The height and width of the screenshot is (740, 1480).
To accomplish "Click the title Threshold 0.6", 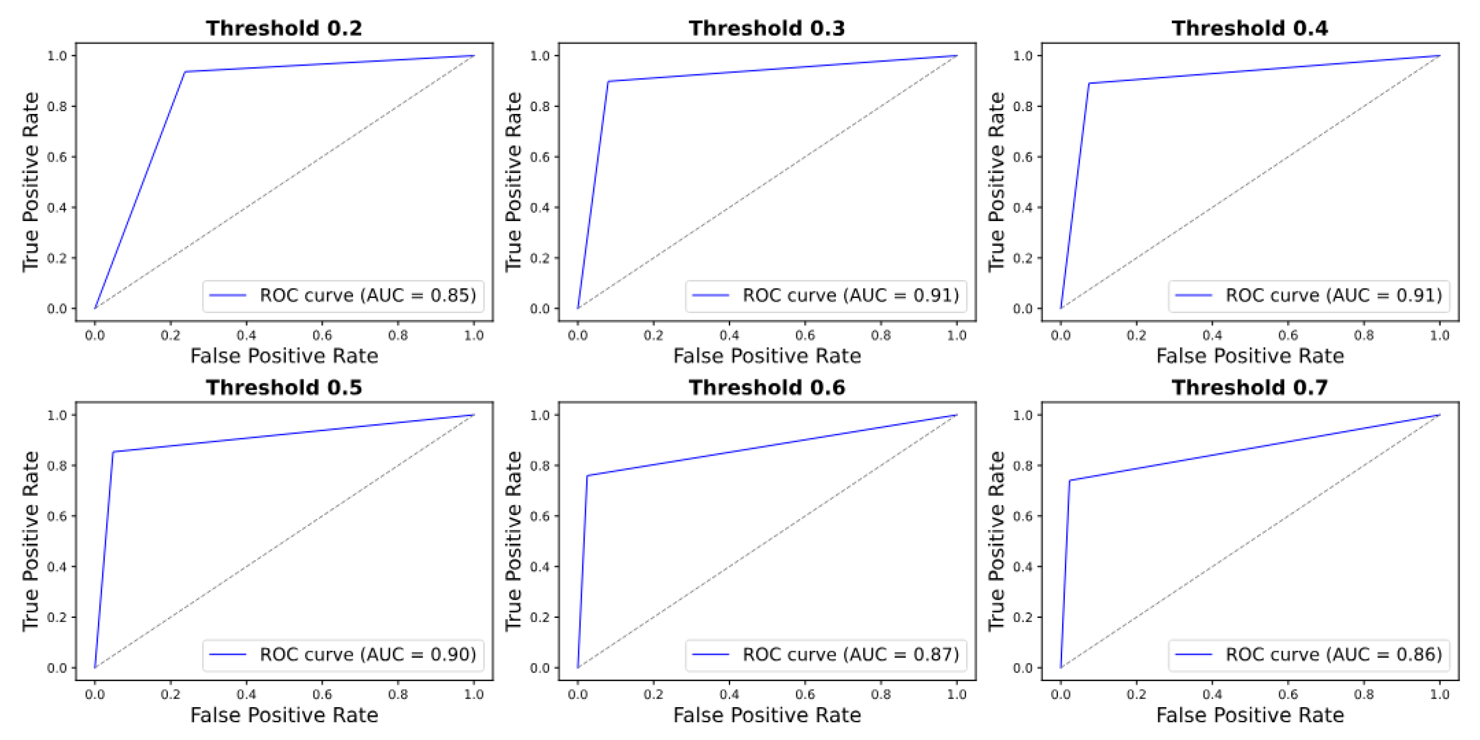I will tap(767, 387).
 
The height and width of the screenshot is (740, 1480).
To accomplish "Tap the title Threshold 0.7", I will tap(1250, 387).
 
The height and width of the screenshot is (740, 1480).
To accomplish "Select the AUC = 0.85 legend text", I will tap(368, 296).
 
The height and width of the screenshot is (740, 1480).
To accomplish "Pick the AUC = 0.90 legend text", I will tap(368, 654).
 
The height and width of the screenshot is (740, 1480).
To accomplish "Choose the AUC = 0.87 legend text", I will tap(851, 654).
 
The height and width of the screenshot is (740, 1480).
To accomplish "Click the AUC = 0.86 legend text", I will tap(1333, 654).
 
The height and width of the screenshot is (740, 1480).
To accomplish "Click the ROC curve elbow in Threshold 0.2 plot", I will tap(185, 72).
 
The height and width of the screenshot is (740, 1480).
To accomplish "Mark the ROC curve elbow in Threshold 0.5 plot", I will tap(113, 452).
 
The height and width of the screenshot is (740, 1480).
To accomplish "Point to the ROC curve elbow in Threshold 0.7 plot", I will tap(1069, 480).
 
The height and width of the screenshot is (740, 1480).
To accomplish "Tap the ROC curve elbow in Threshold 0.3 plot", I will tap(608, 81).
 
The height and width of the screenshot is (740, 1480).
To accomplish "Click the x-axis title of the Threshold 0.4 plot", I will tap(1250, 356).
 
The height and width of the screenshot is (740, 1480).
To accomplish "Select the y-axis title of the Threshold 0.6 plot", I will tap(513, 541).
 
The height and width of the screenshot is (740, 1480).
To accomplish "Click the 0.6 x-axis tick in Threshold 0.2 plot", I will tap(322, 335).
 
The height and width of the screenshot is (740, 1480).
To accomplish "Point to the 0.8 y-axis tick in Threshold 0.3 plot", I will tap(539, 106).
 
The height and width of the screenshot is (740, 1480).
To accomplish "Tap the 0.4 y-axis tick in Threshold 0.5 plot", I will tap(57, 566).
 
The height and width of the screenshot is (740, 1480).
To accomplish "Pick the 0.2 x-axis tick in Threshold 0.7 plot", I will tap(1136, 694).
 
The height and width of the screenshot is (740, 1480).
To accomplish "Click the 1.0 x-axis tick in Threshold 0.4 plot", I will tap(1440, 335).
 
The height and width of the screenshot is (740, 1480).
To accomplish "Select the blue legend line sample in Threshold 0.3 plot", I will tap(710, 296).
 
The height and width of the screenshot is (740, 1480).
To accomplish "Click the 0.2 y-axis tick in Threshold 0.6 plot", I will tap(539, 617).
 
